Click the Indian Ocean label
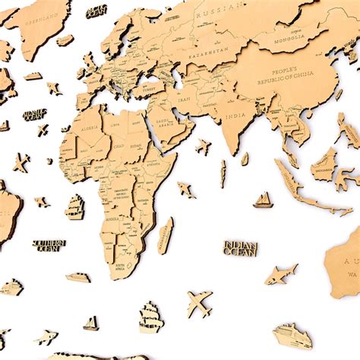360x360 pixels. [x=240, y=248]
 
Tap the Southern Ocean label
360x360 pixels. [x=49, y=245]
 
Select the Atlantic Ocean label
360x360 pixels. [x=35, y=115]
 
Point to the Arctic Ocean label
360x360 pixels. [x=96, y=11]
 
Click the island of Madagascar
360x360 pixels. [x=165, y=235]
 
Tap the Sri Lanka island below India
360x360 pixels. [x=245, y=159]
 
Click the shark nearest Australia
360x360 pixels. [x=281, y=274]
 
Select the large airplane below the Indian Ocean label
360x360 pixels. [x=199, y=305]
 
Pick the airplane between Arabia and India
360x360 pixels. [x=203, y=146]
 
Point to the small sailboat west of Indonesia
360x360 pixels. [x=263, y=200]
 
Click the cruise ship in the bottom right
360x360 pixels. [x=292, y=335]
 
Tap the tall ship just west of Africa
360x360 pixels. [x=74, y=206]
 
